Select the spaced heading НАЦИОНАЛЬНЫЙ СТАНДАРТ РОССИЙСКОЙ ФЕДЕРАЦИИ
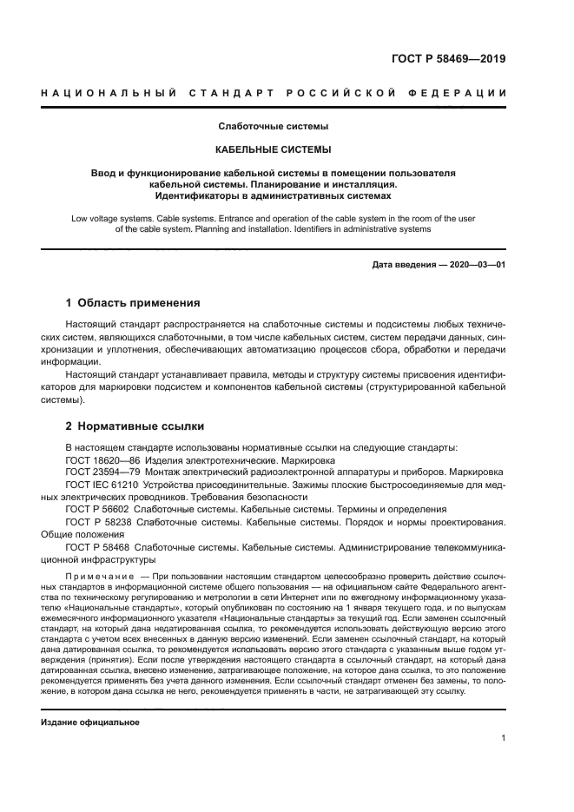274,93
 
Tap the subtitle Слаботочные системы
274,127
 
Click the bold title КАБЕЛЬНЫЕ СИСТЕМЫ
274,149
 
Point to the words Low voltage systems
109,219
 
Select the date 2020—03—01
474,264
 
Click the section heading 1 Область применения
133,303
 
